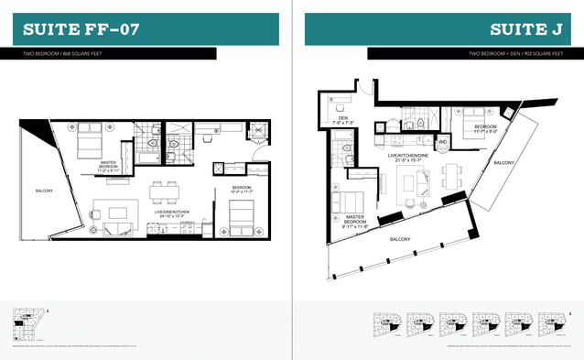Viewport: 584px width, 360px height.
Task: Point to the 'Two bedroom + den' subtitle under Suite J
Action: pos(515,54)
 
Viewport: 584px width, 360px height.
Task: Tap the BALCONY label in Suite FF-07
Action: pos(44,191)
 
